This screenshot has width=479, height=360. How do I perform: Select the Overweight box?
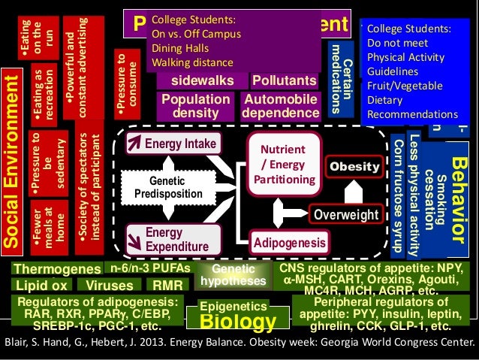click(345, 215)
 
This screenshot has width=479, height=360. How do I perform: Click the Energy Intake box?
click(173, 144)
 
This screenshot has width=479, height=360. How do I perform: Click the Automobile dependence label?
click(279, 106)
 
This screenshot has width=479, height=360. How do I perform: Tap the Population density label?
click(196, 106)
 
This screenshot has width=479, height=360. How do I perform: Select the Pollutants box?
click(284, 80)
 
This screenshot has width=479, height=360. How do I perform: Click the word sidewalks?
click(201, 80)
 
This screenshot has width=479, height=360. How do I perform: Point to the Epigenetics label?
click(233, 306)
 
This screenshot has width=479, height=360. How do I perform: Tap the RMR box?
click(167, 286)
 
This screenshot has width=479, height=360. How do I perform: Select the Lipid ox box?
click(41, 286)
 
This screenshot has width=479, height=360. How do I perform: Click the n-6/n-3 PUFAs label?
click(150, 268)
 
